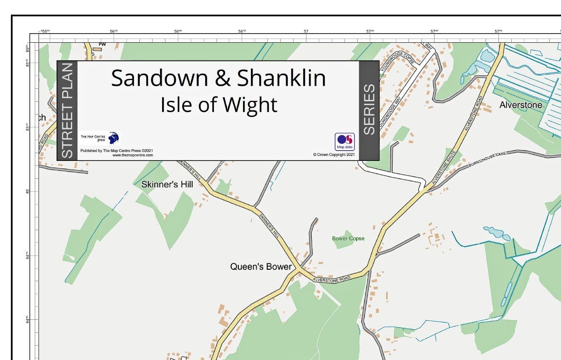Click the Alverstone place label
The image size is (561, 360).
pyautogui.click(x=520, y=105)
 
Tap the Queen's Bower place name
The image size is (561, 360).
pyautogui.click(x=261, y=267)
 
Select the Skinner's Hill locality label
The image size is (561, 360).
pyautogui.click(x=167, y=184)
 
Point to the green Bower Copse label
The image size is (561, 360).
pyautogui.click(x=348, y=238)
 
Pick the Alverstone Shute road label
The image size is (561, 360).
pyautogui.click(x=444, y=168)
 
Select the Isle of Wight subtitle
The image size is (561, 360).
pyautogui.click(x=219, y=105)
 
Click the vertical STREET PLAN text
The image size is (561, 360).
pyautogui.click(x=67, y=110)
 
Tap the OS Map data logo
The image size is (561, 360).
pyautogui.click(x=345, y=141)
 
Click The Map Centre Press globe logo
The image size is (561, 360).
pyautogui.click(x=113, y=137)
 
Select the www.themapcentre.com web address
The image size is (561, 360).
pyautogui.click(x=132, y=155)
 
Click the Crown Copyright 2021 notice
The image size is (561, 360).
pyautogui.click(x=334, y=155)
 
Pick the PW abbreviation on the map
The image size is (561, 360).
pyautogui.click(x=102, y=44)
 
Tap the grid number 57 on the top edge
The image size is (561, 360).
pyautogui.click(x=306, y=32)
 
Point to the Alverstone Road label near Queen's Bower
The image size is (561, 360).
pyautogui.click(x=332, y=279)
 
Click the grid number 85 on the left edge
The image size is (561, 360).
pyautogui.click(x=28, y=191)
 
